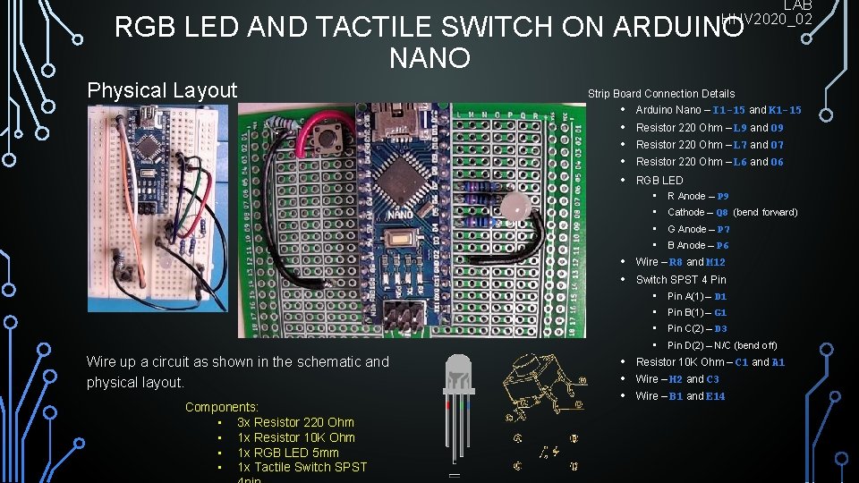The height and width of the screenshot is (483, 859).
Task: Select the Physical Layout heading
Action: point(162,90)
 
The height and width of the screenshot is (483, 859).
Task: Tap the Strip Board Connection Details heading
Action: point(661,93)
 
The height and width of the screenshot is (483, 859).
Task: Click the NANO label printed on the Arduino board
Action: point(400,215)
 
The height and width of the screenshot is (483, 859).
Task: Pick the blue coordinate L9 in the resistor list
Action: point(740,128)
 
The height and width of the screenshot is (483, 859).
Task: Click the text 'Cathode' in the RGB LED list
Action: point(686,212)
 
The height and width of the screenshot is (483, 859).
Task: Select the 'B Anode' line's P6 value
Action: point(722,245)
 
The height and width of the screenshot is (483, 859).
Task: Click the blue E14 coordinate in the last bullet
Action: point(715,396)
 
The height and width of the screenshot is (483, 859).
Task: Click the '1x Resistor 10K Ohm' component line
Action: point(295,437)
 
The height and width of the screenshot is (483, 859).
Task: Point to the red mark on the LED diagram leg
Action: point(447,403)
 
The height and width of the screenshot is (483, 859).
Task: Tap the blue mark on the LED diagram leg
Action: point(464,403)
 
